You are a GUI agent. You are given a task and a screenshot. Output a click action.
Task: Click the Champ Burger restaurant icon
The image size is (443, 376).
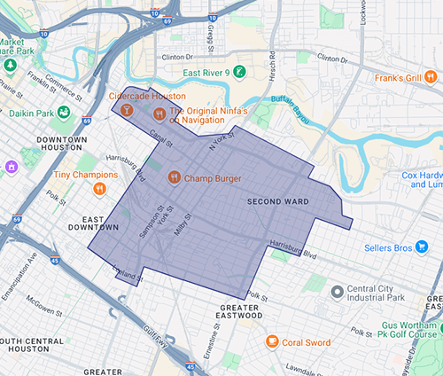(175, 176)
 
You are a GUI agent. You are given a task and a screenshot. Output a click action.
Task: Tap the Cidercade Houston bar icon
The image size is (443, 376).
(128, 110)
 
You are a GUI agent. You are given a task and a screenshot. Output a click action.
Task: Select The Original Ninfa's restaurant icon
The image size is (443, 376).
(159, 113)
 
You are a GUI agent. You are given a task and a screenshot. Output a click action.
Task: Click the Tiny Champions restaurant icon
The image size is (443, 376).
(100, 187)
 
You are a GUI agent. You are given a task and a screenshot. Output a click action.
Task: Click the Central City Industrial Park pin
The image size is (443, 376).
(337, 292)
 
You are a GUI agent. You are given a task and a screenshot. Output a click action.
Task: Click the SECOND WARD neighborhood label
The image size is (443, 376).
(277, 202)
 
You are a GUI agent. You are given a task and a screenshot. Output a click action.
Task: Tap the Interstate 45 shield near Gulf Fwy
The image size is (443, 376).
(192, 365)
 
